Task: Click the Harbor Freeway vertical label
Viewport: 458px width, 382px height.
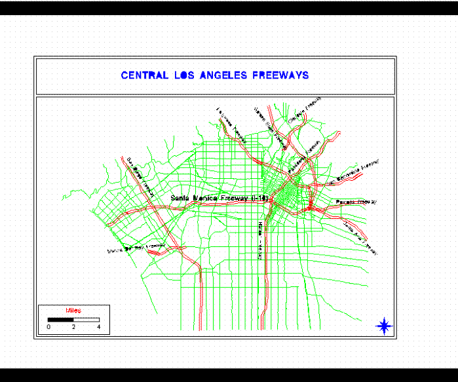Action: tap(260, 240)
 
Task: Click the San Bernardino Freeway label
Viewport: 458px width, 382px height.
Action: tap(358, 170)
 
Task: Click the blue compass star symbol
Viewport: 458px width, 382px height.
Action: tap(385, 325)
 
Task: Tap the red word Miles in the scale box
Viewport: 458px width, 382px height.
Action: tap(73, 310)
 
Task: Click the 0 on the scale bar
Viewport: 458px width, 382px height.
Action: tap(48, 326)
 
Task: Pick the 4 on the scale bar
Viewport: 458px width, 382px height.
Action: tap(99, 326)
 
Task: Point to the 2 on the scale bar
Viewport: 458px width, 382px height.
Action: tap(73, 326)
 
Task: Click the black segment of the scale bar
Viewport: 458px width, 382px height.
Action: tap(61, 319)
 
